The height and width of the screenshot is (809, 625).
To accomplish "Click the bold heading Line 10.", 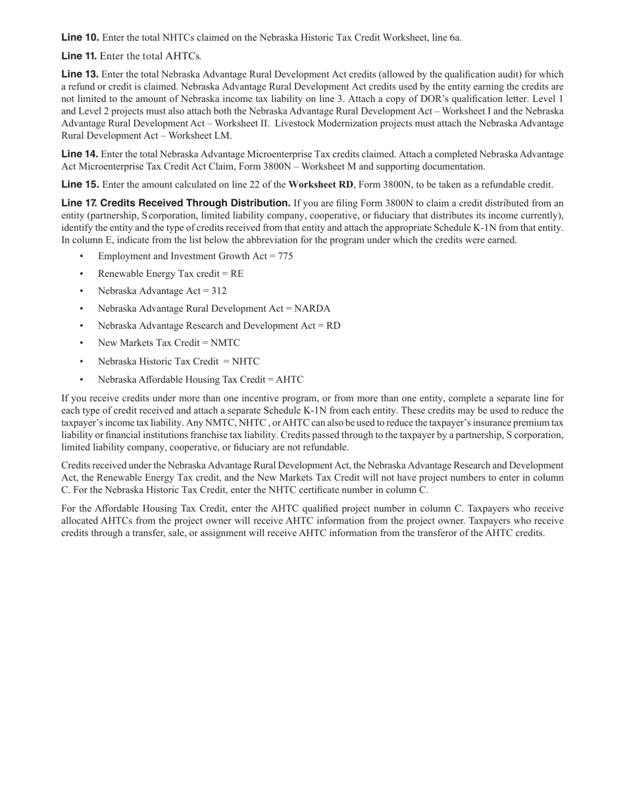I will click(80, 37).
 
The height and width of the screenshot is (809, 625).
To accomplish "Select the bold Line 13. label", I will click(80, 74).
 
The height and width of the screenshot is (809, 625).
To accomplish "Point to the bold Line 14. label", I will click(80, 154).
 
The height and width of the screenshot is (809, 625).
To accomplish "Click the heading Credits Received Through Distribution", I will click(195, 203).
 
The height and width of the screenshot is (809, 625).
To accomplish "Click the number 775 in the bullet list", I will click(286, 257).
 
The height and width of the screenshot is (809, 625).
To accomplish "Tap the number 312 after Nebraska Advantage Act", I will click(219, 291).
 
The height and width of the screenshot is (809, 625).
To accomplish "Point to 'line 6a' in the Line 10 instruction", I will click(445, 37).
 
